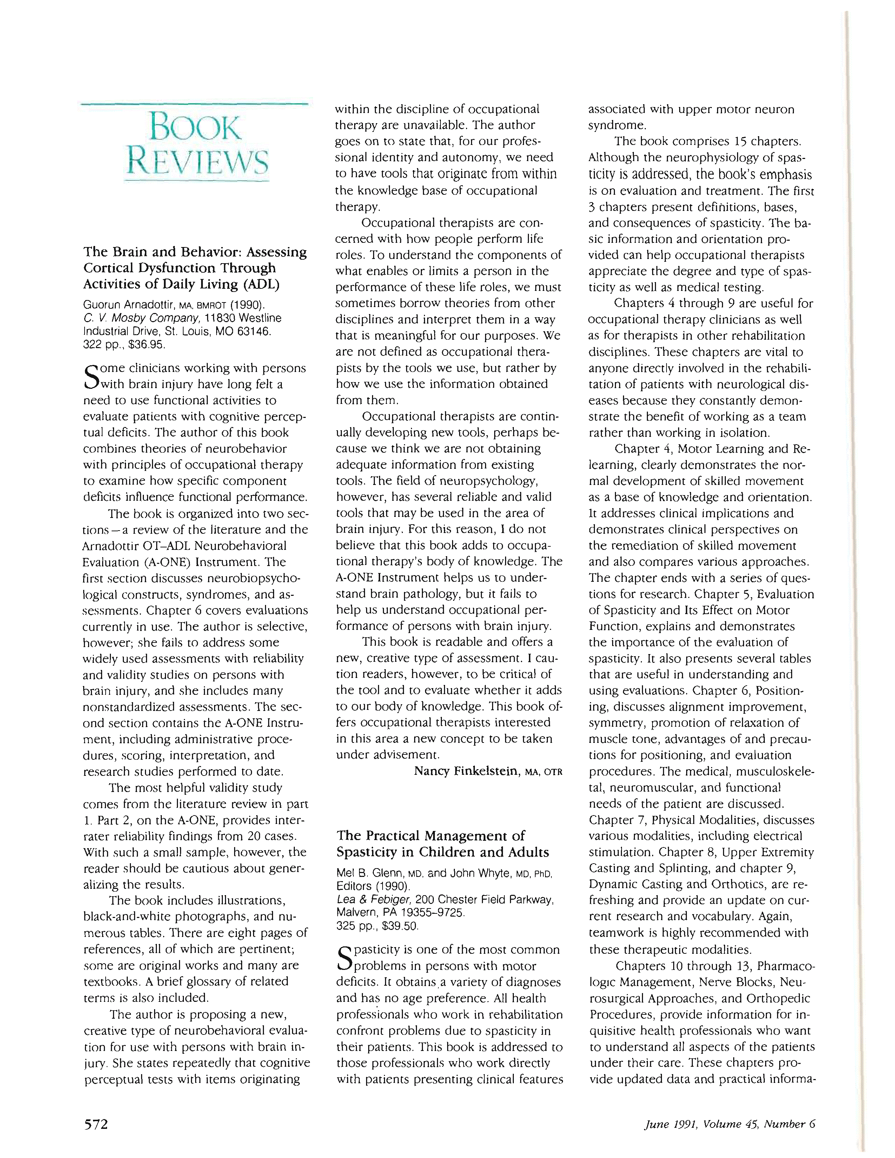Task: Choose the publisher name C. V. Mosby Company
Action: coord(141,318)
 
